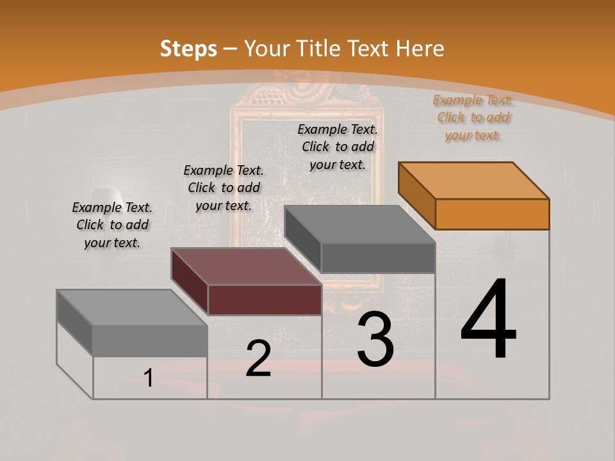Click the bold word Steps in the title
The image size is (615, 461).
(x=188, y=49)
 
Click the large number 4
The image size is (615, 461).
(x=488, y=319)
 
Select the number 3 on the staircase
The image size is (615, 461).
(x=375, y=339)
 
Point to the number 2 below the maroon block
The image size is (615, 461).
(x=258, y=359)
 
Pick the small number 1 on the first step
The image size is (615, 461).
(x=149, y=378)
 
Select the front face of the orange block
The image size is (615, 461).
(x=492, y=214)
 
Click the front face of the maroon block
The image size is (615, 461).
(x=265, y=300)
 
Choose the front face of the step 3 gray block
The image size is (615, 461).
(x=378, y=257)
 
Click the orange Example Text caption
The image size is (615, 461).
(x=473, y=117)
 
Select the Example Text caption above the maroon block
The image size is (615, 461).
(x=224, y=188)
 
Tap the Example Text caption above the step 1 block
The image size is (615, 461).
(x=112, y=225)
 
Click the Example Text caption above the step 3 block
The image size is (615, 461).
(x=338, y=147)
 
